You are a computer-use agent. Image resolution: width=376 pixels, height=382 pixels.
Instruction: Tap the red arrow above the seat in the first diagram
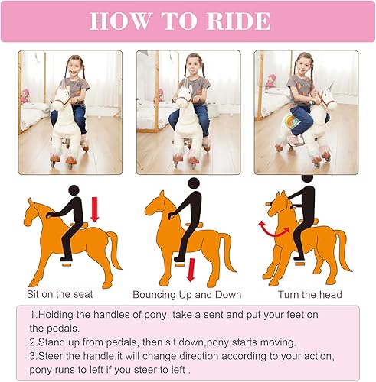click(x=95, y=209)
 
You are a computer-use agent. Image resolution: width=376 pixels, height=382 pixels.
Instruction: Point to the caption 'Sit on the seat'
click(x=63, y=294)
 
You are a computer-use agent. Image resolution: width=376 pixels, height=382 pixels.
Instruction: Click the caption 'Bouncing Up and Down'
click(x=187, y=294)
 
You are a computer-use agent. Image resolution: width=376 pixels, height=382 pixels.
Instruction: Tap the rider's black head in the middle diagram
click(x=194, y=183)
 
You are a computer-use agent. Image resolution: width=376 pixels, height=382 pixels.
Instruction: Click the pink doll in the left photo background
click(x=24, y=96)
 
